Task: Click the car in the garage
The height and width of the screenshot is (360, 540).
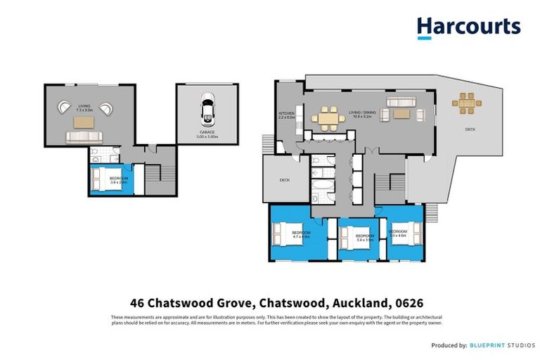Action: tap(207, 109)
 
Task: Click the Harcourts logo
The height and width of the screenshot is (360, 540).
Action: tap(468, 27)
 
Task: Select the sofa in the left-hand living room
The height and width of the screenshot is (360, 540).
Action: tap(84, 138)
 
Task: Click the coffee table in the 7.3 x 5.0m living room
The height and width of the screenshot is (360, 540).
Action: tap(84, 122)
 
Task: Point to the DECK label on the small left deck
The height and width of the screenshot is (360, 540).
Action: tap(285, 180)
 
